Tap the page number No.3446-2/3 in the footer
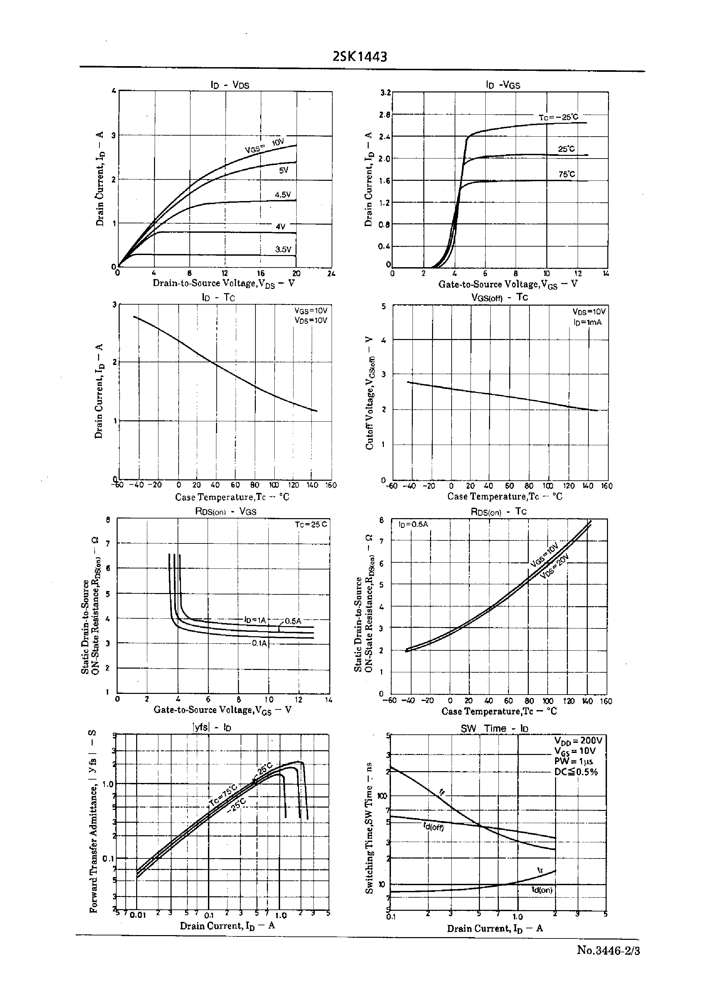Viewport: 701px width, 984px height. pyautogui.click(x=608, y=950)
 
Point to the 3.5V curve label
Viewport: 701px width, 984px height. pyautogui.click(x=283, y=249)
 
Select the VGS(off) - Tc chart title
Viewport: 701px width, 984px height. pyautogui.click(x=499, y=297)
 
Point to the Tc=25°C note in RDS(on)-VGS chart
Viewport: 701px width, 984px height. pyautogui.click(x=311, y=525)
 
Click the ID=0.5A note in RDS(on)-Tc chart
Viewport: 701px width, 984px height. pyautogui.click(x=413, y=525)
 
